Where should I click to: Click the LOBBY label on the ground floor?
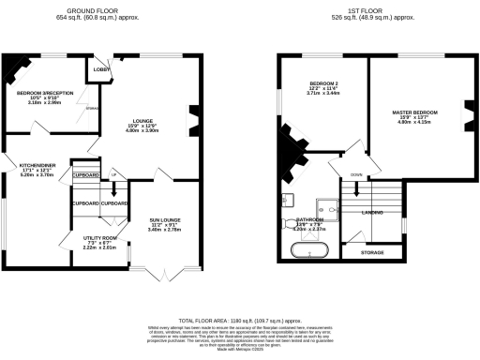(99, 70)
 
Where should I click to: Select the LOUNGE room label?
(144, 121)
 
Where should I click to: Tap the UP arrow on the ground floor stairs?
(114, 175)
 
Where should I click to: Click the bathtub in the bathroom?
(308, 250)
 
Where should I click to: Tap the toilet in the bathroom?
(287, 224)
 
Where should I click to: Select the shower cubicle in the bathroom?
(328, 209)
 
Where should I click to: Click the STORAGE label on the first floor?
(371, 252)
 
